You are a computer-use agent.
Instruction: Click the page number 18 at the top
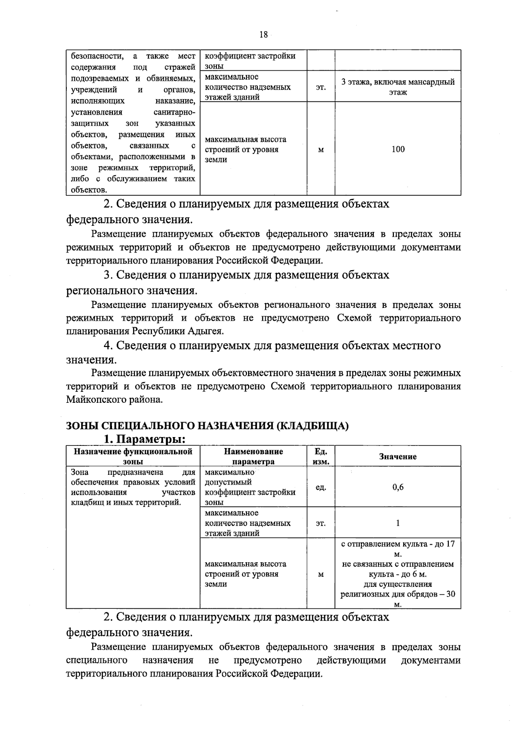(x=263, y=35)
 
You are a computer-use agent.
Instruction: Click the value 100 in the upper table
(x=398, y=149)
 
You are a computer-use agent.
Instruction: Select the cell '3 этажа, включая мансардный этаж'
(x=398, y=87)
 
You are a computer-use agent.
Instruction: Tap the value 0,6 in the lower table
(x=398, y=487)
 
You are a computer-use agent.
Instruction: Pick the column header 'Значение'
(x=398, y=456)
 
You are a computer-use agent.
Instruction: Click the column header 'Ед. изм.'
(x=321, y=456)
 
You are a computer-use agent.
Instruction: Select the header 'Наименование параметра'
(x=253, y=456)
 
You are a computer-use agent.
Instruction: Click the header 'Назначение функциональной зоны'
(x=133, y=456)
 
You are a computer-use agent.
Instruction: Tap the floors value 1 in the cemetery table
(x=398, y=523)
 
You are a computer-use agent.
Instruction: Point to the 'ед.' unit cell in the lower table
(x=321, y=487)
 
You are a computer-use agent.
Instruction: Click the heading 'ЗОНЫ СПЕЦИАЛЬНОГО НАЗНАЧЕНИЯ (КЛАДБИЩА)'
(x=207, y=426)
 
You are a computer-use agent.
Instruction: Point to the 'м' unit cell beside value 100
(x=321, y=150)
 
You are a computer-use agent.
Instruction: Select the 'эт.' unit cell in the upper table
(x=321, y=87)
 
